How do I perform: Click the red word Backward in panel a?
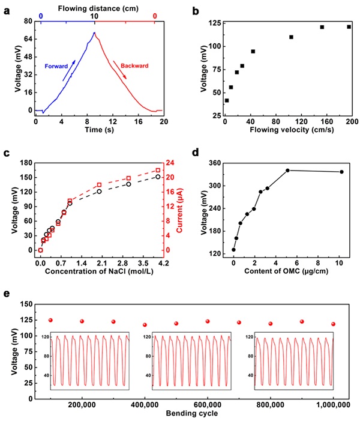[x=134, y=65]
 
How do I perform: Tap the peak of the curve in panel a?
[x=94, y=32]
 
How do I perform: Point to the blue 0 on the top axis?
[x=41, y=16]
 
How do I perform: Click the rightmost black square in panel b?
[x=349, y=27]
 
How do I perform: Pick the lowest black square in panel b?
[x=226, y=100]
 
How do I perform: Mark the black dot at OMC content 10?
[x=341, y=172]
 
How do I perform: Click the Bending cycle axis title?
[x=191, y=413]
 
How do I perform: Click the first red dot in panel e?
[x=50, y=320]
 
